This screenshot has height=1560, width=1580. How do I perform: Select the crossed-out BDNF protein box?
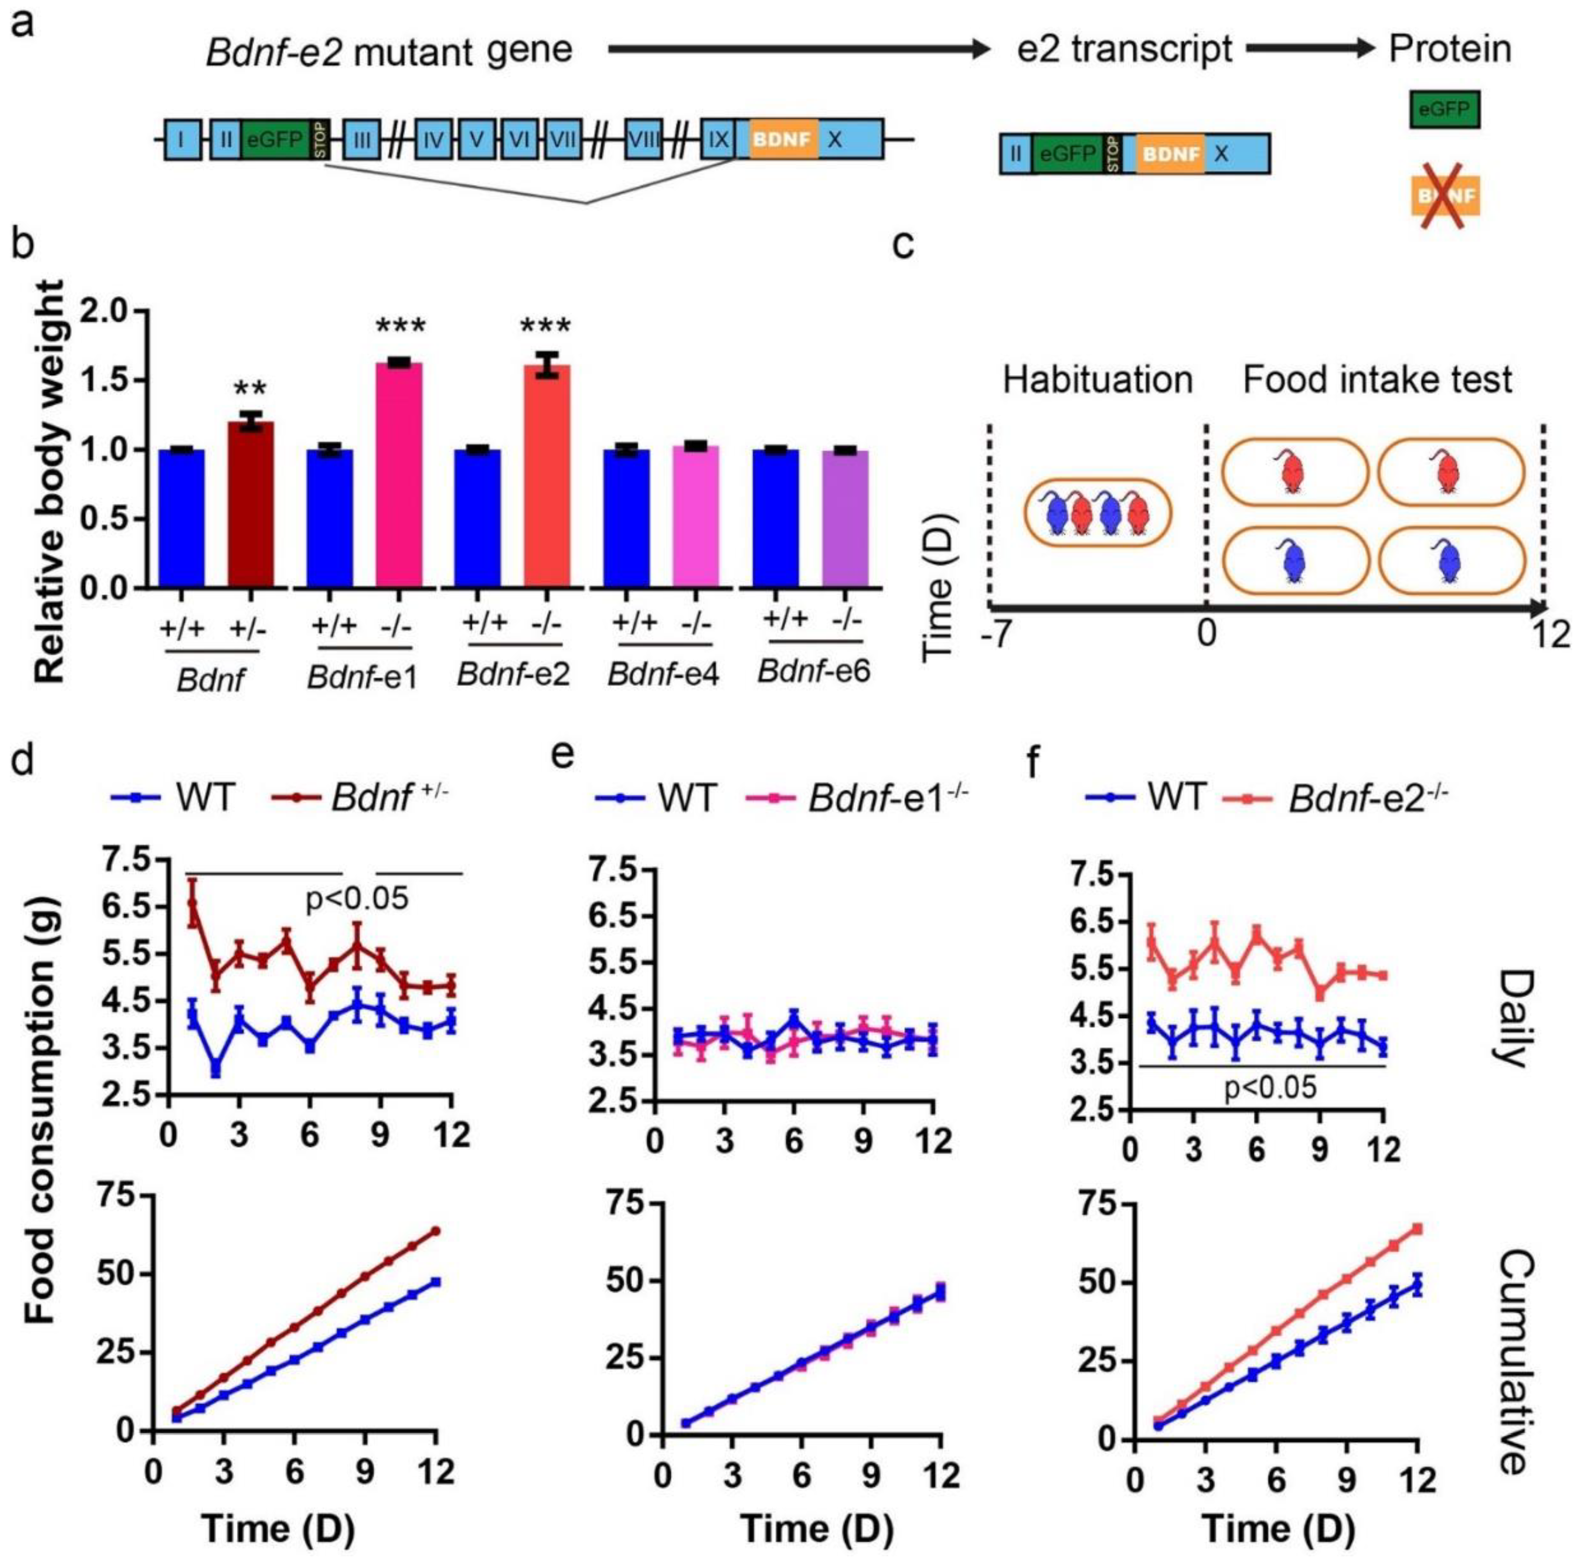1445,198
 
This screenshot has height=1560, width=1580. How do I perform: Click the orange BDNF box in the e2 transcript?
1170,154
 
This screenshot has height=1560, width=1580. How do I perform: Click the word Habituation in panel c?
1098,381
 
